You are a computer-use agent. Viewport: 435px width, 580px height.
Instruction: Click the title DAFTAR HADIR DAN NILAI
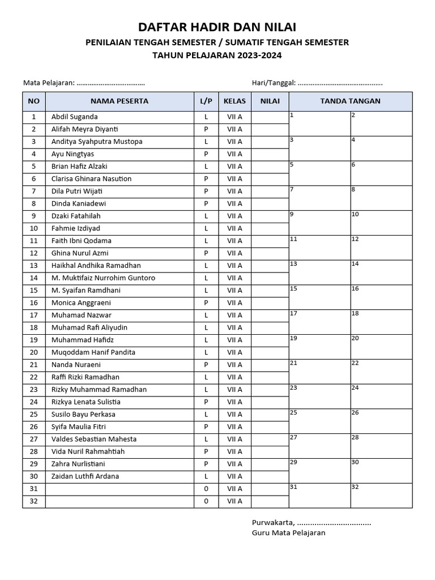click(x=217, y=27)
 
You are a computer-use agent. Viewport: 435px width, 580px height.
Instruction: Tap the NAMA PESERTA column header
click(x=120, y=101)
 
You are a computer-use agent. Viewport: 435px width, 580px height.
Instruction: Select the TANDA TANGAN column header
click(x=350, y=101)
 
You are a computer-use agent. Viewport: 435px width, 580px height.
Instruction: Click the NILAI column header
click(x=270, y=101)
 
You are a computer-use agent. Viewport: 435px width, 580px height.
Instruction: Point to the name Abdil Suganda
click(x=74, y=117)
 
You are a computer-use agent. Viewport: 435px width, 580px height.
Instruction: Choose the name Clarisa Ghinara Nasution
click(x=91, y=179)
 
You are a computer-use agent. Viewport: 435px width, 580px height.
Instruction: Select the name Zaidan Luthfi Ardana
click(x=85, y=476)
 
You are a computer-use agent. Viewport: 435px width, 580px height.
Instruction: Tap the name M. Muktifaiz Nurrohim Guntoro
click(x=103, y=278)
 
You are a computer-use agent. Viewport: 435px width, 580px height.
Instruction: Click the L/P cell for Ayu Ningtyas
click(x=206, y=154)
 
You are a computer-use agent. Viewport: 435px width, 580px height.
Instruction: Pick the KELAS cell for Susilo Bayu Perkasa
click(x=234, y=415)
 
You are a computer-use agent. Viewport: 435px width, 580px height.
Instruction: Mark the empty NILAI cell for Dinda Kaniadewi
click(x=270, y=204)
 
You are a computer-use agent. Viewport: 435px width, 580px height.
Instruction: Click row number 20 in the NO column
click(x=34, y=352)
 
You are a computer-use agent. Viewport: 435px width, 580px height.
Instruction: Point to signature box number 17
click(x=319, y=322)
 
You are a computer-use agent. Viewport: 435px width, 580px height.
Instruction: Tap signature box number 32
click(x=381, y=496)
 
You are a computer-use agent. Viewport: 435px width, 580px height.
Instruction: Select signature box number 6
click(x=381, y=173)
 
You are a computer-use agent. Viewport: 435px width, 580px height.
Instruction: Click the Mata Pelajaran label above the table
click(x=49, y=83)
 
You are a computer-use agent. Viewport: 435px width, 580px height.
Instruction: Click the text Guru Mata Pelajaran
click(x=288, y=533)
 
